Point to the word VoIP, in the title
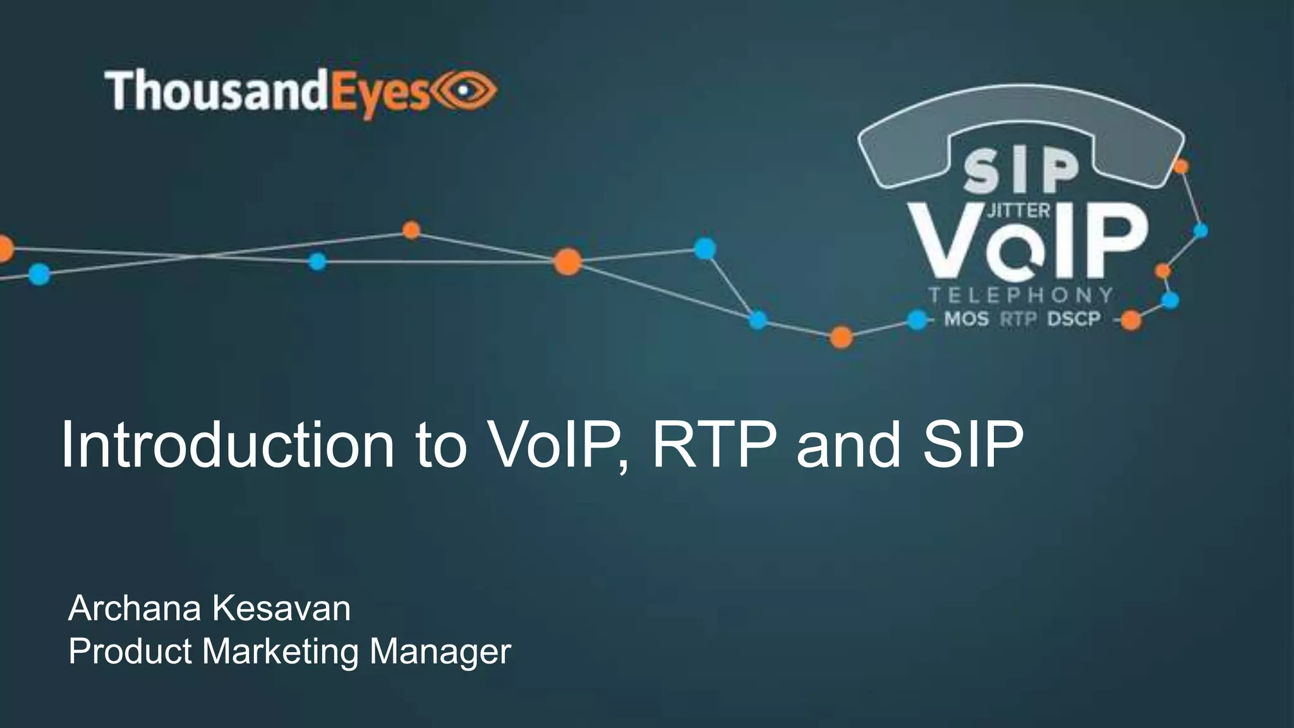(557, 446)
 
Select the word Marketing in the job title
(281, 651)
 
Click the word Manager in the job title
(440, 652)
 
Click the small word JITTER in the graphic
(1018, 211)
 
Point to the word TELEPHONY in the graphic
(1020, 295)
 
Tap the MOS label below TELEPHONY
(966, 319)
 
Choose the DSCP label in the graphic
(1073, 319)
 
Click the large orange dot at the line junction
(567, 261)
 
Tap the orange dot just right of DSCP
(1130, 320)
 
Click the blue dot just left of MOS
(917, 320)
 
